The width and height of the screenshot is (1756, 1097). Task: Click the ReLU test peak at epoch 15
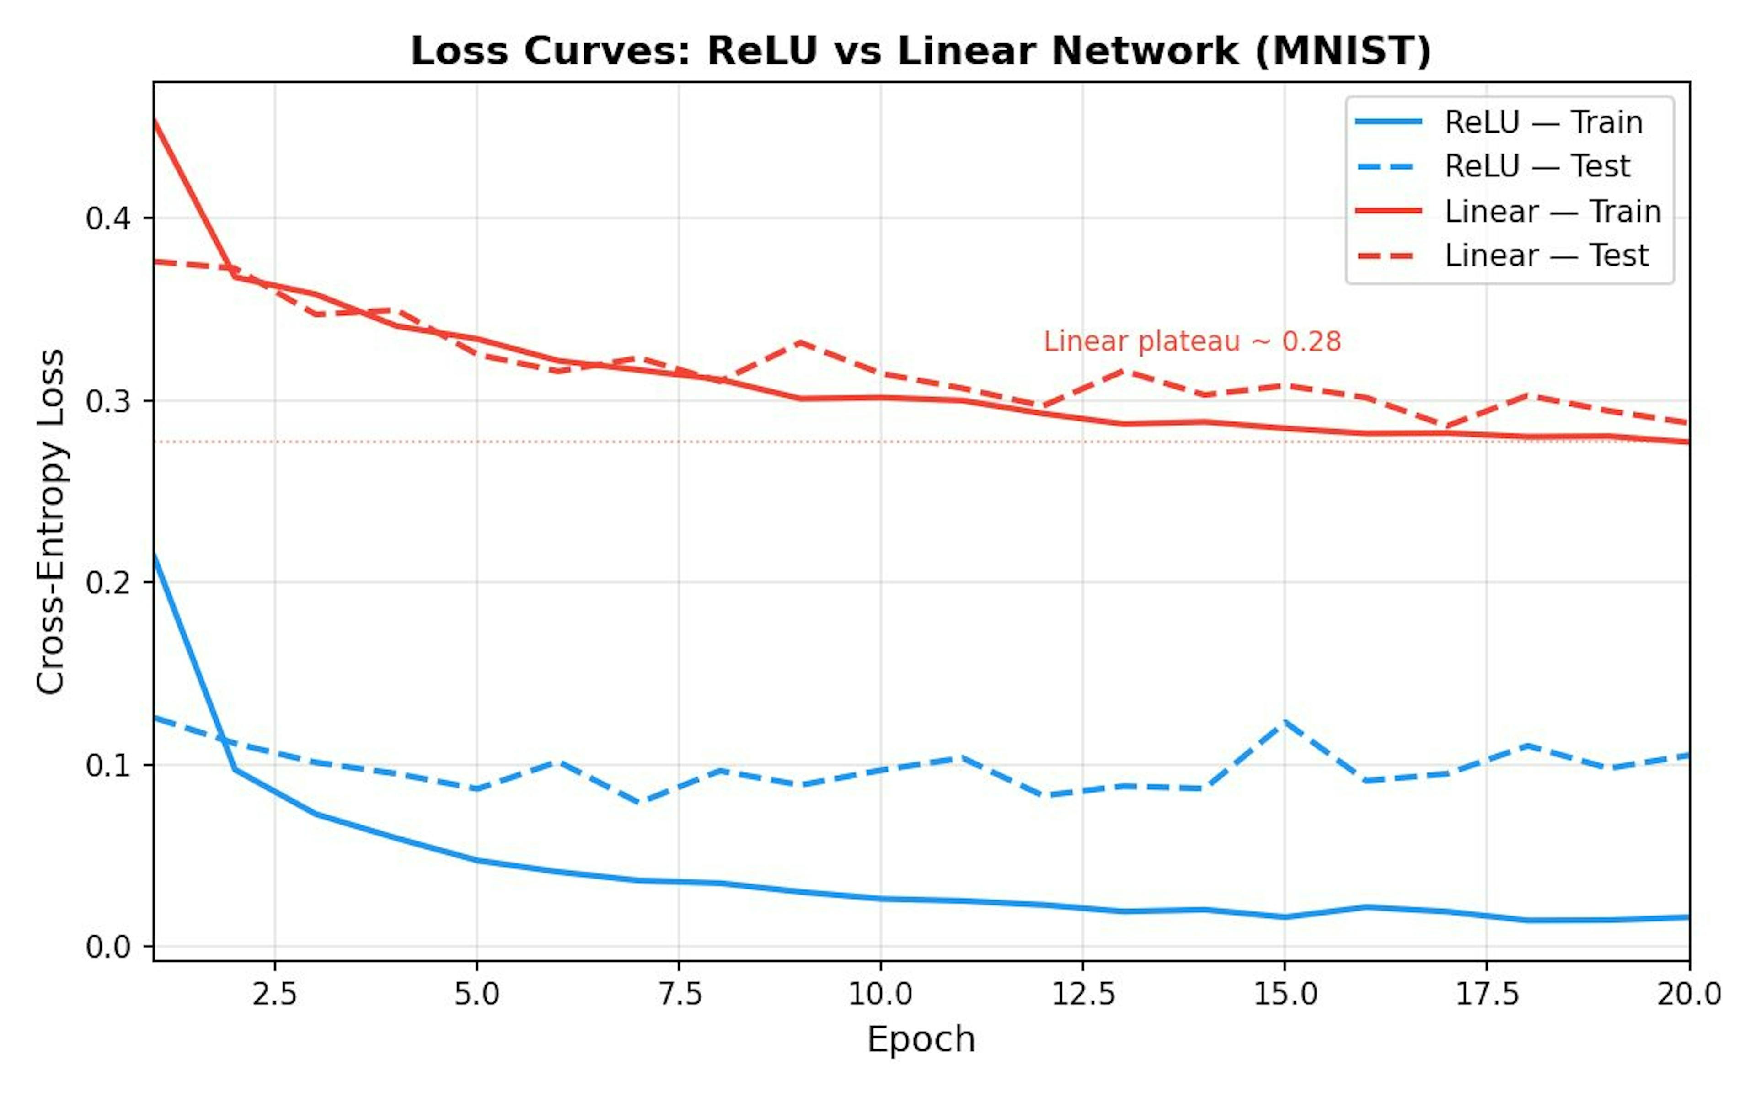pyautogui.click(x=1285, y=721)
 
